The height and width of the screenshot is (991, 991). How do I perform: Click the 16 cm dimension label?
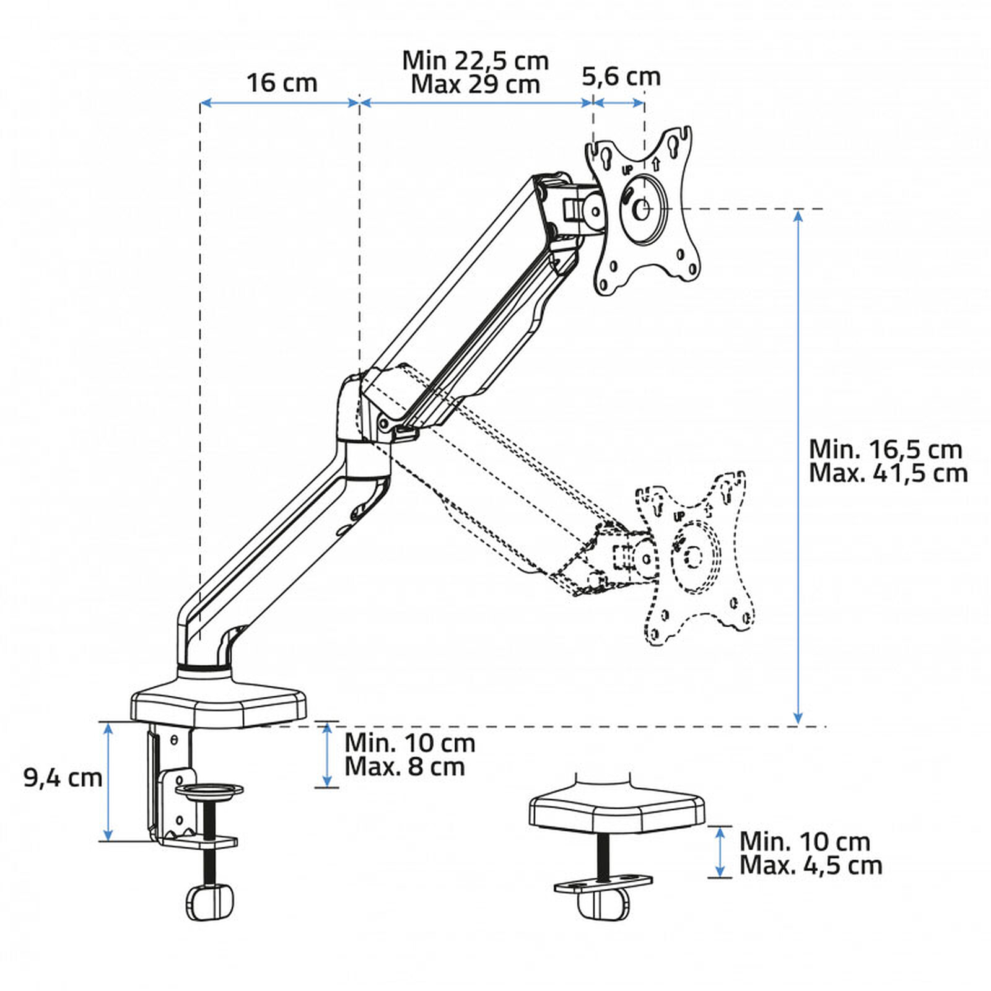282,83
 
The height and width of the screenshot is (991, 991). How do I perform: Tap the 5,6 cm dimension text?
621,77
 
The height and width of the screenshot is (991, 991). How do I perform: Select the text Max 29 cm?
476,84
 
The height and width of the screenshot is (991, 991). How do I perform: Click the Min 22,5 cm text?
476,61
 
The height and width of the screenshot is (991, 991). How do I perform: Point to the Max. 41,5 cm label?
888,473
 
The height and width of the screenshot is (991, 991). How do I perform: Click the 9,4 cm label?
63,778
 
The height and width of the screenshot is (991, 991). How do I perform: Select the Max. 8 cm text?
404,767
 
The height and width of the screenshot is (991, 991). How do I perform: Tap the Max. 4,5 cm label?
811,865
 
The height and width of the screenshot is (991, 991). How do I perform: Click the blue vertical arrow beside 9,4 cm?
109,782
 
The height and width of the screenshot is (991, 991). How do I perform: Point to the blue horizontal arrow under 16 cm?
279,103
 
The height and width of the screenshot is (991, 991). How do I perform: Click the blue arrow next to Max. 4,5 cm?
720,852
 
